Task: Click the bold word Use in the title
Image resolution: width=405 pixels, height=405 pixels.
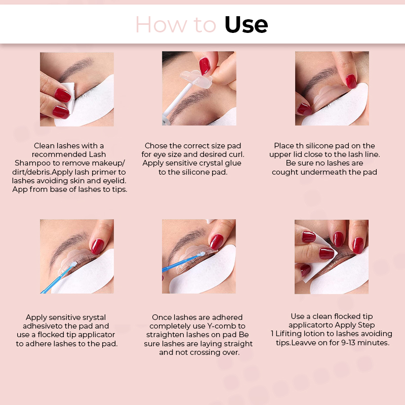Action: pyautogui.click(x=246, y=25)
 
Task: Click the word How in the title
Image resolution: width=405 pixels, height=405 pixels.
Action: pyautogui.click(x=161, y=25)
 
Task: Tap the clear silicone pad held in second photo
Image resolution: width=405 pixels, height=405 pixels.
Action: pyautogui.click(x=196, y=78)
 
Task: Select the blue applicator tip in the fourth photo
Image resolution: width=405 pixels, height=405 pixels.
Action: pyautogui.click(x=73, y=264)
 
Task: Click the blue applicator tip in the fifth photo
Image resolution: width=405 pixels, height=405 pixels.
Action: pyautogui.click(x=202, y=254)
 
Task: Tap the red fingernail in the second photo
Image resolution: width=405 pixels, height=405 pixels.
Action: pyautogui.click(x=205, y=66)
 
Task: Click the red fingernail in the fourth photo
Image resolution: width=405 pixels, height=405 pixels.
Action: pyautogui.click(x=97, y=247)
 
